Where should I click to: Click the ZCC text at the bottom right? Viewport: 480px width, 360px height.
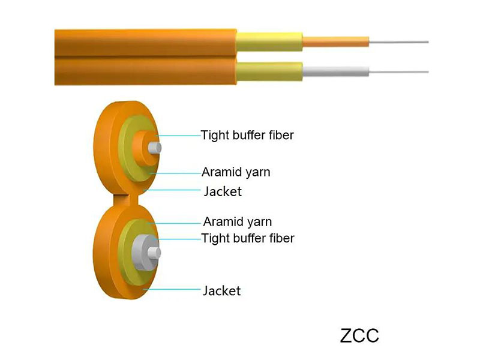359,335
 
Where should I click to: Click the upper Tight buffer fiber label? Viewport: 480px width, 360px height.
247,135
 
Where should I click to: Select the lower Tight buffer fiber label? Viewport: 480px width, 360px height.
247,238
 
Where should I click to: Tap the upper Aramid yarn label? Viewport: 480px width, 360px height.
236,172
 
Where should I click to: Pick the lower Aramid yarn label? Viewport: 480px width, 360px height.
237,221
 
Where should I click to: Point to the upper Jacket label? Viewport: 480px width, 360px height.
223,192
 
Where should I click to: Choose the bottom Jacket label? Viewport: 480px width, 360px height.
222,291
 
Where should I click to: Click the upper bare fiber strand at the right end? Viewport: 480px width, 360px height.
399,42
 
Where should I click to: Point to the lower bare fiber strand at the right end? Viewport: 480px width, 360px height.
399,72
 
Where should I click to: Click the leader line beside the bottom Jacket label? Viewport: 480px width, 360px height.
174,290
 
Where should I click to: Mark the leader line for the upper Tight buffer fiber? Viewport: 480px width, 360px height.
180,136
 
